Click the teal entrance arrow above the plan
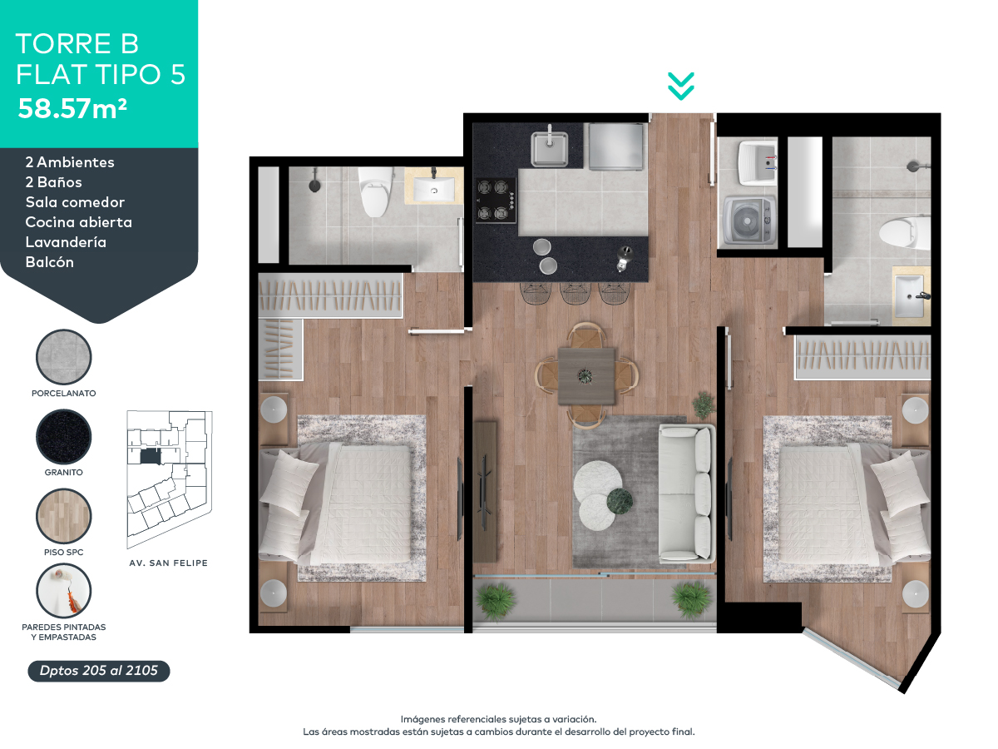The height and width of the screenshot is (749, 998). (680, 86)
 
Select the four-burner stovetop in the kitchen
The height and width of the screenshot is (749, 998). (495, 201)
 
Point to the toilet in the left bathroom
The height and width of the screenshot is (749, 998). (375, 191)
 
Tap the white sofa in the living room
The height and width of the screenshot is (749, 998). (685, 493)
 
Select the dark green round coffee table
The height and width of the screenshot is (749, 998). (620, 502)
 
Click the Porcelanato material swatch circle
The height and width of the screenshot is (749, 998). (64, 356)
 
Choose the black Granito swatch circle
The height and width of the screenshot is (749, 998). (64, 435)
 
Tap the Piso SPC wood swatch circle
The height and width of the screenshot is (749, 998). (64, 515)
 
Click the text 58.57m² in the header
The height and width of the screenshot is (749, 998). (72, 108)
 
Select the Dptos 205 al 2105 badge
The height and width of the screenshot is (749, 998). (99, 671)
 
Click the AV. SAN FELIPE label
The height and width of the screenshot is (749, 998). (168, 563)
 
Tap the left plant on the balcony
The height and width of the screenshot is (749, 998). (497, 599)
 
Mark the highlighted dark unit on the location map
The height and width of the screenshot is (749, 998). (151, 456)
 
